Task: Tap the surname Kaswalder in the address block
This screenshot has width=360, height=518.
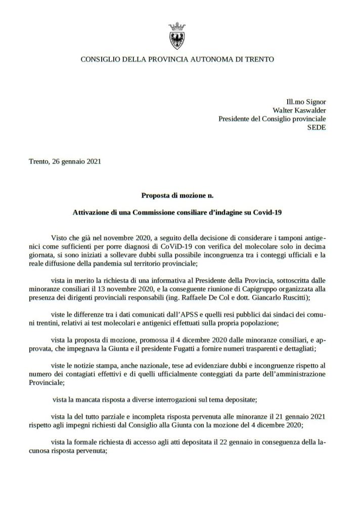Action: click(x=305, y=110)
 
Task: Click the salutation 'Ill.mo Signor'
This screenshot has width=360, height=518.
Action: click(x=306, y=102)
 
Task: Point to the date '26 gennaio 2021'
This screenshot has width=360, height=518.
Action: click(x=76, y=162)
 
